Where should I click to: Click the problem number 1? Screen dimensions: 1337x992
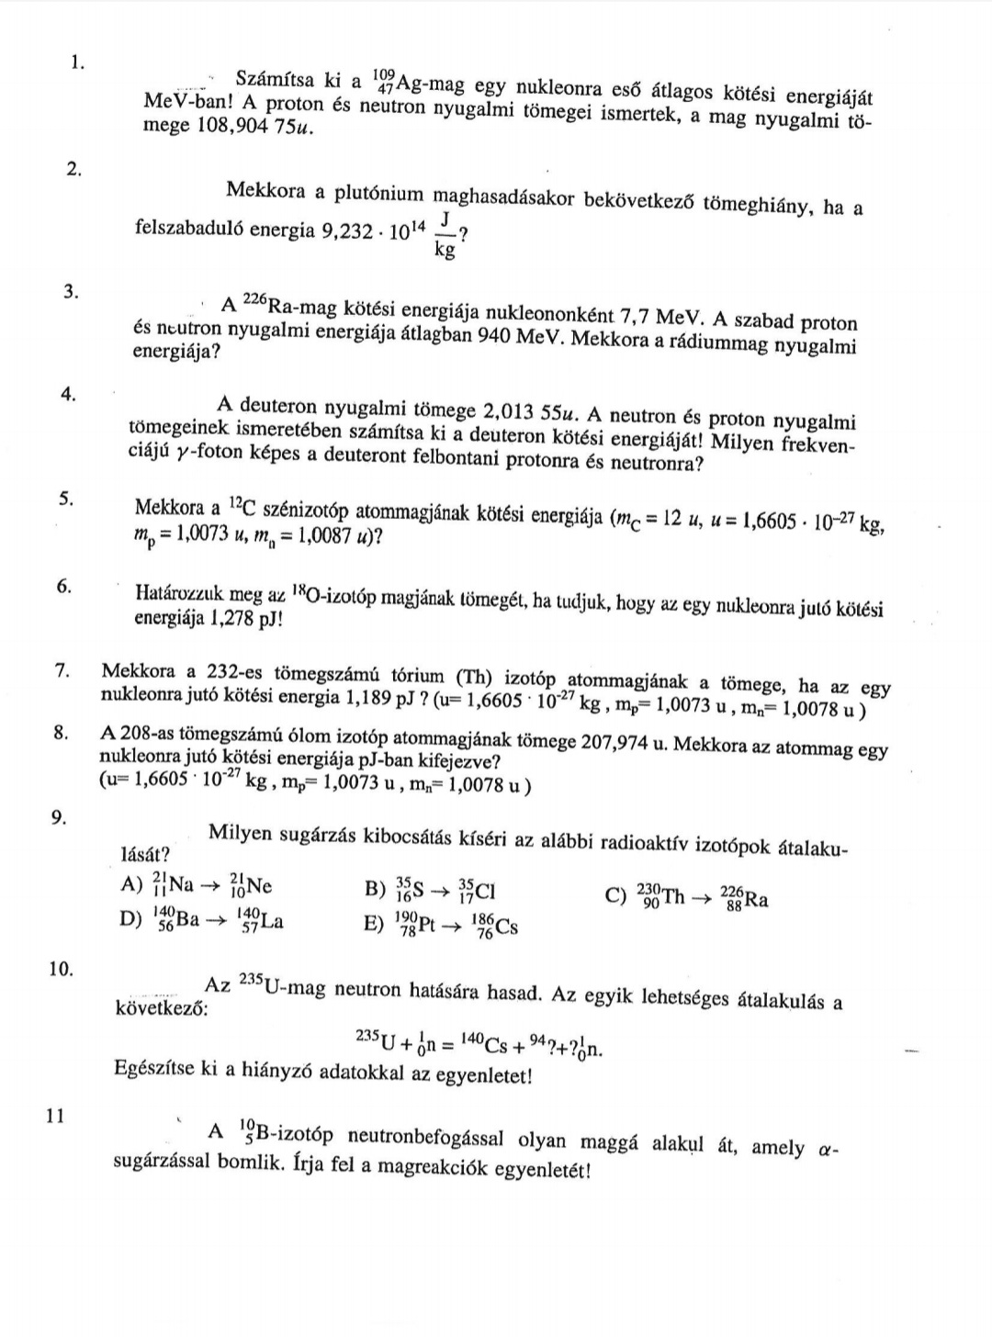tap(77, 62)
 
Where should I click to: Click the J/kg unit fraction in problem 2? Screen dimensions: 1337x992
tap(445, 235)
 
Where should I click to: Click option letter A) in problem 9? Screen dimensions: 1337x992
tap(130, 885)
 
